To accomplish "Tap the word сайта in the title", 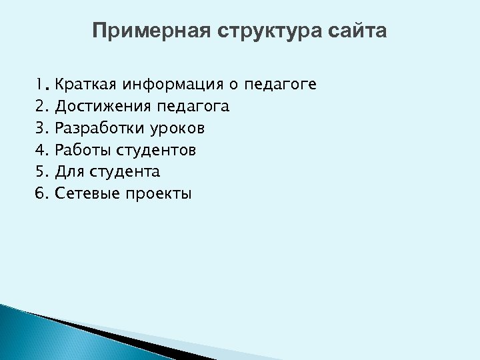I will (357, 31).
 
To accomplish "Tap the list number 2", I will (41, 106).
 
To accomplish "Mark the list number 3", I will (41, 128).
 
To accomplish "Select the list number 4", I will (41, 150).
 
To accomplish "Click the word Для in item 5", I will (68, 172).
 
